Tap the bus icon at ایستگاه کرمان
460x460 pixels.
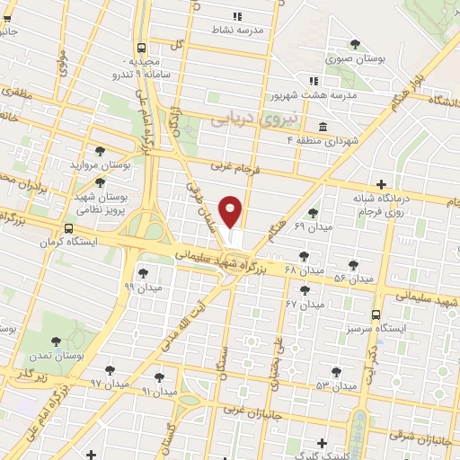click(x=69, y=229)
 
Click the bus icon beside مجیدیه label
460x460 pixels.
click(x=141, y=49)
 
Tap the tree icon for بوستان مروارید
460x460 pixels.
click(x=101, y=152)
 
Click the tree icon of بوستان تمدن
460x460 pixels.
click(x=57, y=341)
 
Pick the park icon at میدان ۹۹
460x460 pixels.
click(x=142, y=274)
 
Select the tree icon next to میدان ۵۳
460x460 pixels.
click(x=336, y=371)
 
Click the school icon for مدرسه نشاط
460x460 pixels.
click(x=237, y=16)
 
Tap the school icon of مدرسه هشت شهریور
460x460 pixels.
click(x=313, y=80)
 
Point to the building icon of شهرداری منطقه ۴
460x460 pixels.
click(x=323, y=126)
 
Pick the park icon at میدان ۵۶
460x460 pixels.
click(x=352, y=266)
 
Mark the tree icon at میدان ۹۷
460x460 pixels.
click(x=110, y=370)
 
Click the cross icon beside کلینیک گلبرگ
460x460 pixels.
click(x=327, y=443)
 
